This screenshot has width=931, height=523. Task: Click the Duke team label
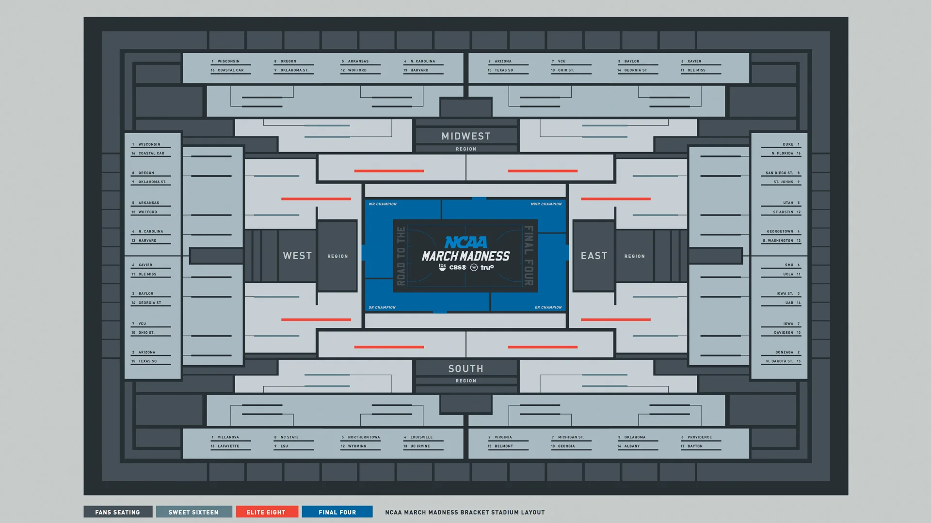click(787, 144)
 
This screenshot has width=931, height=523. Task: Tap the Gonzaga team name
click(784, 352)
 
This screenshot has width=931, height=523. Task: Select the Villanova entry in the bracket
click(228, 437)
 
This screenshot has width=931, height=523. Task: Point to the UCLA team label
click(788, 274)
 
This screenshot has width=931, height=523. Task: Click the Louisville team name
click(421, 437)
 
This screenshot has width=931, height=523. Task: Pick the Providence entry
click(699, 437)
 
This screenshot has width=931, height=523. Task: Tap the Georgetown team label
click(780, 231)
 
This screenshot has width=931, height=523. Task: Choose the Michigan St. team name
click(571, 437)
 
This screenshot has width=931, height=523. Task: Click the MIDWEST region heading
click(465, 136)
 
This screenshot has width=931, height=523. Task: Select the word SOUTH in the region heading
click(465, 369)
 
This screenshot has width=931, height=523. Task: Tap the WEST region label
click(297, 256)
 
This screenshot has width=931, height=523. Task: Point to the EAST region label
click(594, 256)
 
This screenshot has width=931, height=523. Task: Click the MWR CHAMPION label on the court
click(546, 204)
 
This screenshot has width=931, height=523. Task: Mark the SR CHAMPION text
click(382, 308)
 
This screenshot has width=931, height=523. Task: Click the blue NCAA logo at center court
click(465, 242)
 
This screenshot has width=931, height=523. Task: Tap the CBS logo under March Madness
click(457, 267)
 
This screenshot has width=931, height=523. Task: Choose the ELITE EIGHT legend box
click(267, 512)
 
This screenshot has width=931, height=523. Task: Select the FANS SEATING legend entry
click(118, 512)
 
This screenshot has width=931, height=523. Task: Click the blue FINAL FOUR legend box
click(337, 512)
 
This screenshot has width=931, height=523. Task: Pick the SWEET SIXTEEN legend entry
click(193, 512)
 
